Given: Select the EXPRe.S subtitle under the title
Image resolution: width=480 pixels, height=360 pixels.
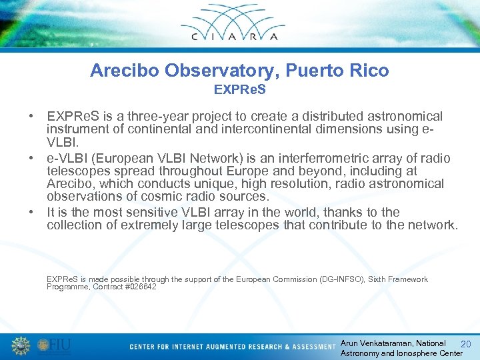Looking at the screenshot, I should [x=239, y=89].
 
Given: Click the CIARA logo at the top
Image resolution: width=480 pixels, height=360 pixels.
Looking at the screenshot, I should [x=239, y=23].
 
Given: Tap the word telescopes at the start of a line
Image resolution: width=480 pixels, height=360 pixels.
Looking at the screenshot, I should [x=77, y=171].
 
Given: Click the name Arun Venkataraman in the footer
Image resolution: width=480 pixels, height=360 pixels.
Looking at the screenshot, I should [x=376, y=343].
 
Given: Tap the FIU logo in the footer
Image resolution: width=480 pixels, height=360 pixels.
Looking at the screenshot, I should [x=55, y=346].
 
